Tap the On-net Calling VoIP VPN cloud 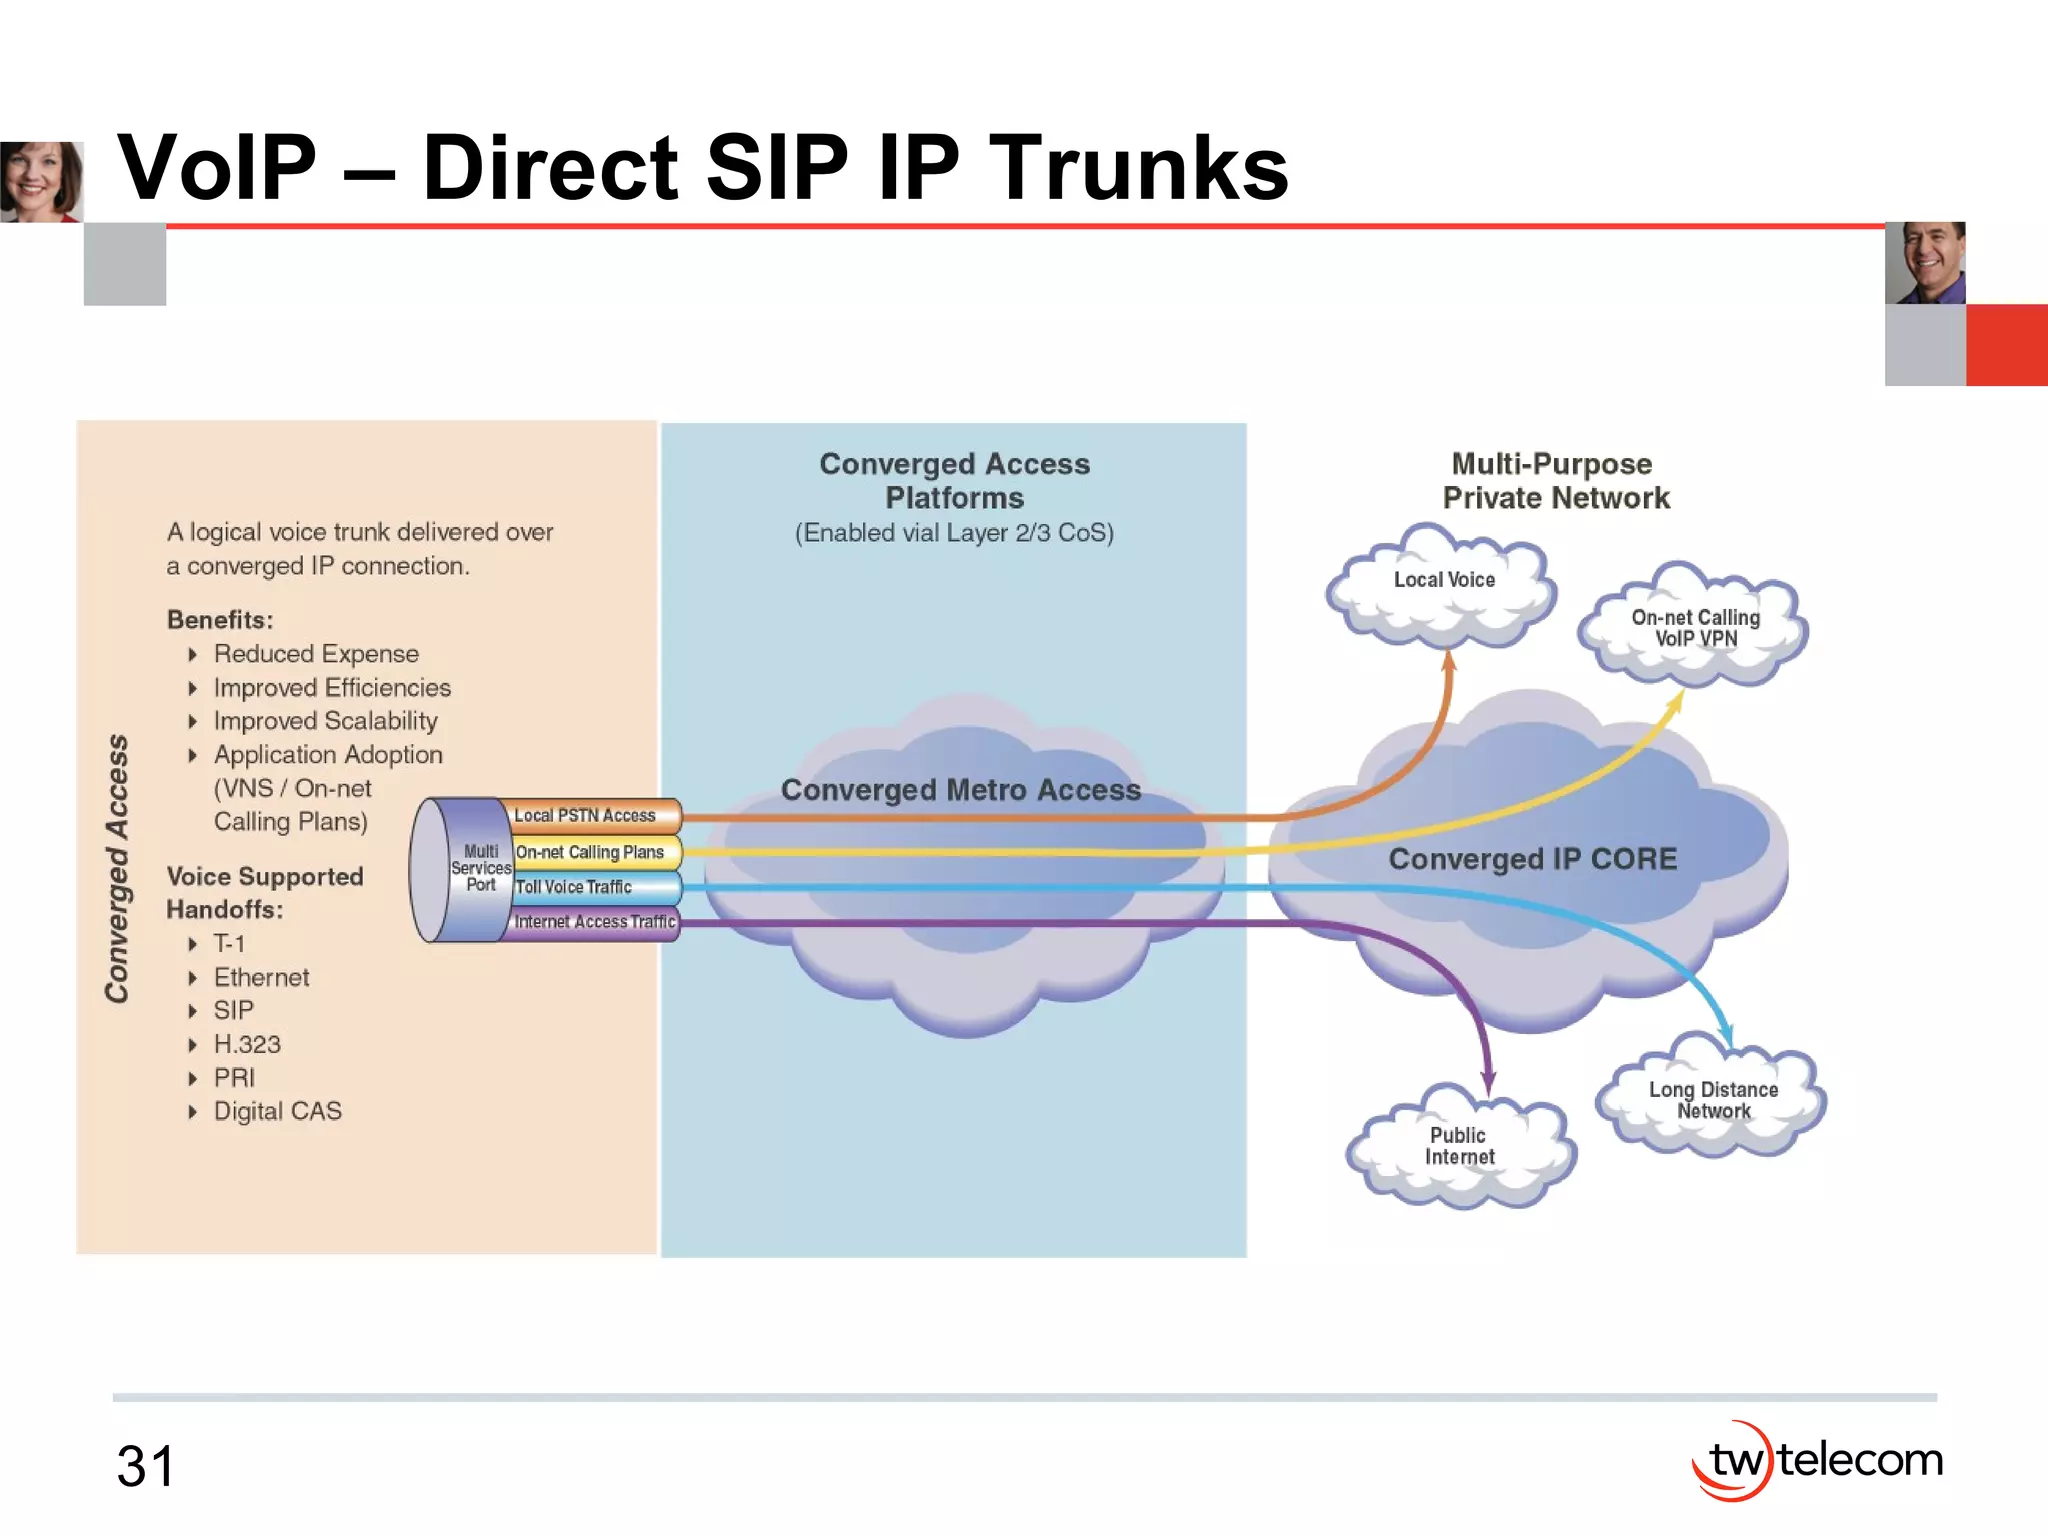tap(1695, 628)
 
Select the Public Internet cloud tap(1459, 1146)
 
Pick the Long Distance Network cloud tap(1713, 1100)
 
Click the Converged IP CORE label tap(1532, 859)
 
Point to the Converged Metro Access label tap(960, 790)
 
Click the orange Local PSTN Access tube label tap(585, 816)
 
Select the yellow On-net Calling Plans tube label tap(590, 852)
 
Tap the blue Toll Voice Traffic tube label tap(574, 887)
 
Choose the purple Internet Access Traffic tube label tap(595, 922)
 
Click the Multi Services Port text tap(481, 868)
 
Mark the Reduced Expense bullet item tap(316, 654)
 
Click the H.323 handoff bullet tap(247, 1044)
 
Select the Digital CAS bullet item tap(277, 1111)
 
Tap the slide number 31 tap(146, 1466)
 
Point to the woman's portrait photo tap(41, 181)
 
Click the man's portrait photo tap(1925, 263)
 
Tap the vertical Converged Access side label tap(118, 868)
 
